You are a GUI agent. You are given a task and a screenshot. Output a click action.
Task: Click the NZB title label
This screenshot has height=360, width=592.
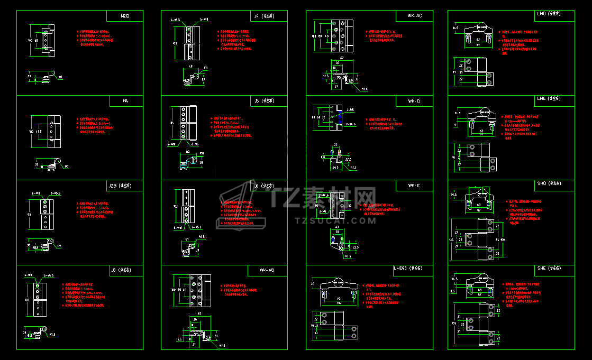pyautogui.click(x=125, y=16)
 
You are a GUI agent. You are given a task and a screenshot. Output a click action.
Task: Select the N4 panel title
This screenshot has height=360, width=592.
pyautogui.click(x=125, y=101)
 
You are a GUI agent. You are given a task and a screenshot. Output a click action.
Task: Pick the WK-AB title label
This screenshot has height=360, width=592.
pyautogui.click(x=267, y=270)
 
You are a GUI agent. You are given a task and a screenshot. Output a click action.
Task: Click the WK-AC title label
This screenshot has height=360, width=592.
pyautogui.click(x=415, y=16)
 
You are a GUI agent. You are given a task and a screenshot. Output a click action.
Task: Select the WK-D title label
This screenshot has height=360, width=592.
pyautogui.click(x=414, y=101)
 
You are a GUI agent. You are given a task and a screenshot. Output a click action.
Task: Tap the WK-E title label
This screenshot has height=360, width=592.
pyautogui.click(x=414, y=186)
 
